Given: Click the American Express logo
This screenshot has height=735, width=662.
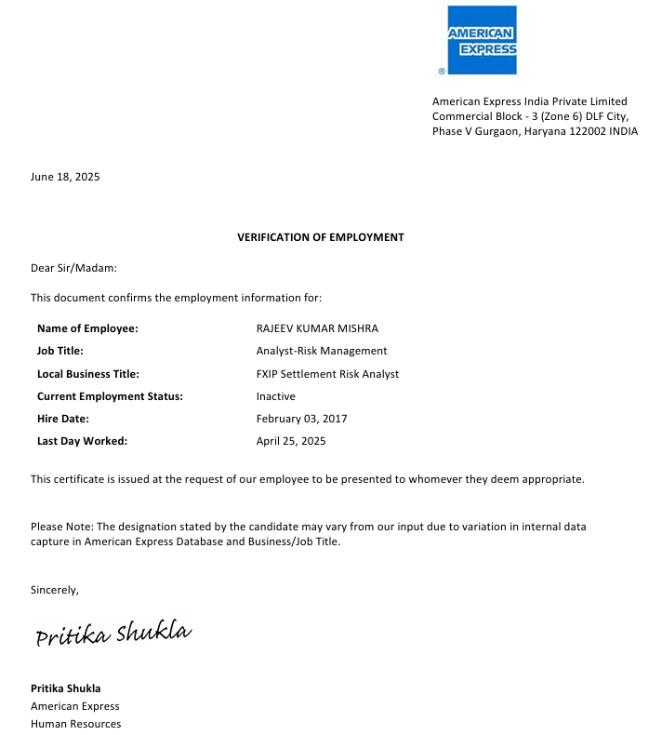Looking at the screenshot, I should coord(482,41).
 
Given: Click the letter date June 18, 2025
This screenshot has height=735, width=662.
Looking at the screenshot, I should coord(65,177).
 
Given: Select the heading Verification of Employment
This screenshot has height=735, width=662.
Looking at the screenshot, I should coord(321,237).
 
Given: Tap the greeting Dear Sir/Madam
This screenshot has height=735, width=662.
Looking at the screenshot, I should coord(74,268).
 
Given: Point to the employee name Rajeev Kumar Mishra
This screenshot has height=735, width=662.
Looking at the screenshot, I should coord(317,328).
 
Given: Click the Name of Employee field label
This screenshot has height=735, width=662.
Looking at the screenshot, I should coord(87,328).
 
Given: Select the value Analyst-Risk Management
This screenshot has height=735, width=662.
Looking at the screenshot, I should coord(322,351).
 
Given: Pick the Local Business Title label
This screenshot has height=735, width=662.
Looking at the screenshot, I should coord(88,374).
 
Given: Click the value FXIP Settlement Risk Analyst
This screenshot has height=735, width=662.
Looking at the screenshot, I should coord(327,374).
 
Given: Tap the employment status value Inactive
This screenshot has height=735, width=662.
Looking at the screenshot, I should coord(275,396).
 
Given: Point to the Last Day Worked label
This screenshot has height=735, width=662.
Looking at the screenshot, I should coord(82,441).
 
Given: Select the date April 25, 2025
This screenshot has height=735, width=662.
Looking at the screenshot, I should coord(291,441).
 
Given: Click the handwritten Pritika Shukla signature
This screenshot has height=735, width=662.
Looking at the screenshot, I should coord(113,635).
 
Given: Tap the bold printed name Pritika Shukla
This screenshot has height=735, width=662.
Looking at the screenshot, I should coord(65,688).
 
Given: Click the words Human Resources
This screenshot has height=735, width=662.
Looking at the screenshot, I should coord(75,724).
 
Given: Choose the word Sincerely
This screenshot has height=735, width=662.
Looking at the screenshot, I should coord(55,590).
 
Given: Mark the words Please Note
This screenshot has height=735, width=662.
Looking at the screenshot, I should coord(61,527).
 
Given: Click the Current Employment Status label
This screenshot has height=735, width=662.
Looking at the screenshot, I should coord(110,396).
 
